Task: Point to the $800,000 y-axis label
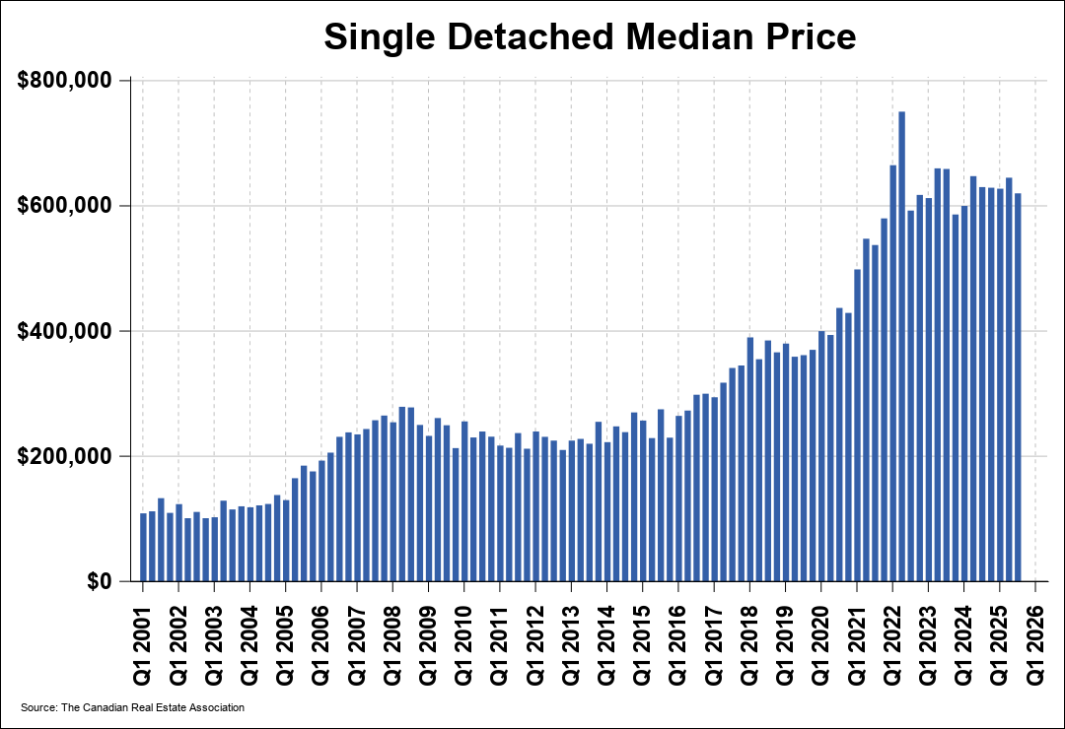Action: pyautogui.click(x=65, y=81)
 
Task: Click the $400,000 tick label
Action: pyautogui.click(x=65, y=332)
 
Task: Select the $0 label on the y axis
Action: pyautogui.click(x=98, y=582)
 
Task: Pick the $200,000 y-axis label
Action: pyautogui.click(x=65, y=457)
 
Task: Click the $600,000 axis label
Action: pyautogui.click(x=65, y=206)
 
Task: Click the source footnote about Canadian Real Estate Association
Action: pyautogui.click(x=132, y=707)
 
